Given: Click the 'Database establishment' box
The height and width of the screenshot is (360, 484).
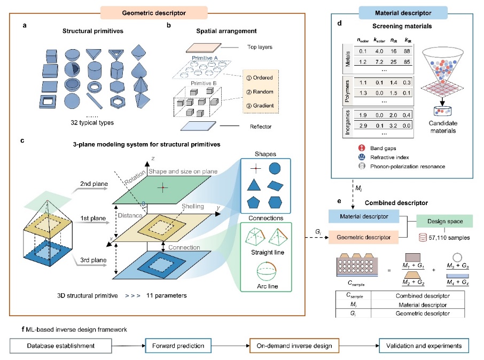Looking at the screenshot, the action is (x=61, y=346).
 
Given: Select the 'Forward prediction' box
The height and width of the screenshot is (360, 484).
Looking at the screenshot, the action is (x=178, y=346).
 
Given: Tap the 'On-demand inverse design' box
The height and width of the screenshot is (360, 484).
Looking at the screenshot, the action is (x=294, y=346).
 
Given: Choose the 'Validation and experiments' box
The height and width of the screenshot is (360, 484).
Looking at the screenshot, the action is (x=424, y=346).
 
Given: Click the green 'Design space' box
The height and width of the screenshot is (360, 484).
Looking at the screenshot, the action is (x=445, y=221).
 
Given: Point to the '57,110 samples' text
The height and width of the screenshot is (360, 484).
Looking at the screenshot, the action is (x=449, y=238).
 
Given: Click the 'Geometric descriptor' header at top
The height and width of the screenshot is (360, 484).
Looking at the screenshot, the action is (x=154, y=13).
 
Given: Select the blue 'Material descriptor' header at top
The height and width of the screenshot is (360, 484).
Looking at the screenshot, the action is (x=403, y=13).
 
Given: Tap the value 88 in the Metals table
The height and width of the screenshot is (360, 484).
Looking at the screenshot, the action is (x=407, y=51).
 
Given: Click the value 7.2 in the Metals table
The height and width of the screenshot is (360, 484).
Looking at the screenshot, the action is (x=379, y=62).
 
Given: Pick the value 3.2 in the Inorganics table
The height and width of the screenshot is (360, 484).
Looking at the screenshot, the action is (x=393, y=126).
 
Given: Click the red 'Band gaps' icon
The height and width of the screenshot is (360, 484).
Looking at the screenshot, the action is (x=362, y=148).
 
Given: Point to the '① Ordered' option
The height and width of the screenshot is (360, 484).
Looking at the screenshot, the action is (x=260, y=78).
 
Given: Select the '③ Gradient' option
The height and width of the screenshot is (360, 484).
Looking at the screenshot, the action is (x=260, y=106).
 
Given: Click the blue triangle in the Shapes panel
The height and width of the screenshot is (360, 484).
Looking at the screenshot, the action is (x=254, y=185).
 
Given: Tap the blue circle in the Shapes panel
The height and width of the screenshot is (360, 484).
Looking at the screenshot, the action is (x=275, y=169).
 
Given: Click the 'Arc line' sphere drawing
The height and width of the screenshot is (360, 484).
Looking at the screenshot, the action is (x=267, y=272).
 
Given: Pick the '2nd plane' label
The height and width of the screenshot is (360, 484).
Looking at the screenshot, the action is (x=94, y=184).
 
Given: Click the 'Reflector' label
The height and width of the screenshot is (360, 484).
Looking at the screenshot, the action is (x=261, y=127).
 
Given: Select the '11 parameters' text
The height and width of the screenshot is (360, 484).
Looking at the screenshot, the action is (x=166, y=295).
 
